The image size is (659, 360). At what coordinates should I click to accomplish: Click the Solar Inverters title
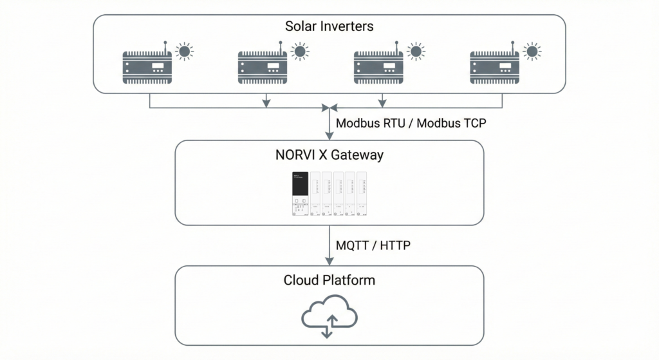[x=329, y=27]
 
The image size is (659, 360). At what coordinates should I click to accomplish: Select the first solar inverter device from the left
[x=147, y=66]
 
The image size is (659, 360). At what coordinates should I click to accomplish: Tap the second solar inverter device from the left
[x=263, y=66]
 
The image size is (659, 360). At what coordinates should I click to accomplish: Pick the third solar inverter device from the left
[x=378, y=66]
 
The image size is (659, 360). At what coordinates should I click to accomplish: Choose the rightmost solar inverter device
[x=494, y=66]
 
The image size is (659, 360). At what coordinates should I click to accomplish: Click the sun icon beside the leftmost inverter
[x=185, y=51]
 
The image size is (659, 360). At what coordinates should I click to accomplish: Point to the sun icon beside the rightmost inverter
[x=531, y=51]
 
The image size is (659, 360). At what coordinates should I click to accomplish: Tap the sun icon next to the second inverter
[x=300, y=51]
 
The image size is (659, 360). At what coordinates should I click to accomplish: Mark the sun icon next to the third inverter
[x=416, y=51]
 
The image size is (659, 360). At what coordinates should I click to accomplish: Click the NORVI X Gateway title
[x=329, y=155]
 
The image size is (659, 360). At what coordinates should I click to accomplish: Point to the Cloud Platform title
[x=329, y=280]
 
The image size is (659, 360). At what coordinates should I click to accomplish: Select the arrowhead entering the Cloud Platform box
[x=329, y=261]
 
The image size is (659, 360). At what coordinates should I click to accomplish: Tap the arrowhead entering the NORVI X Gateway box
[x=329, y=136]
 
